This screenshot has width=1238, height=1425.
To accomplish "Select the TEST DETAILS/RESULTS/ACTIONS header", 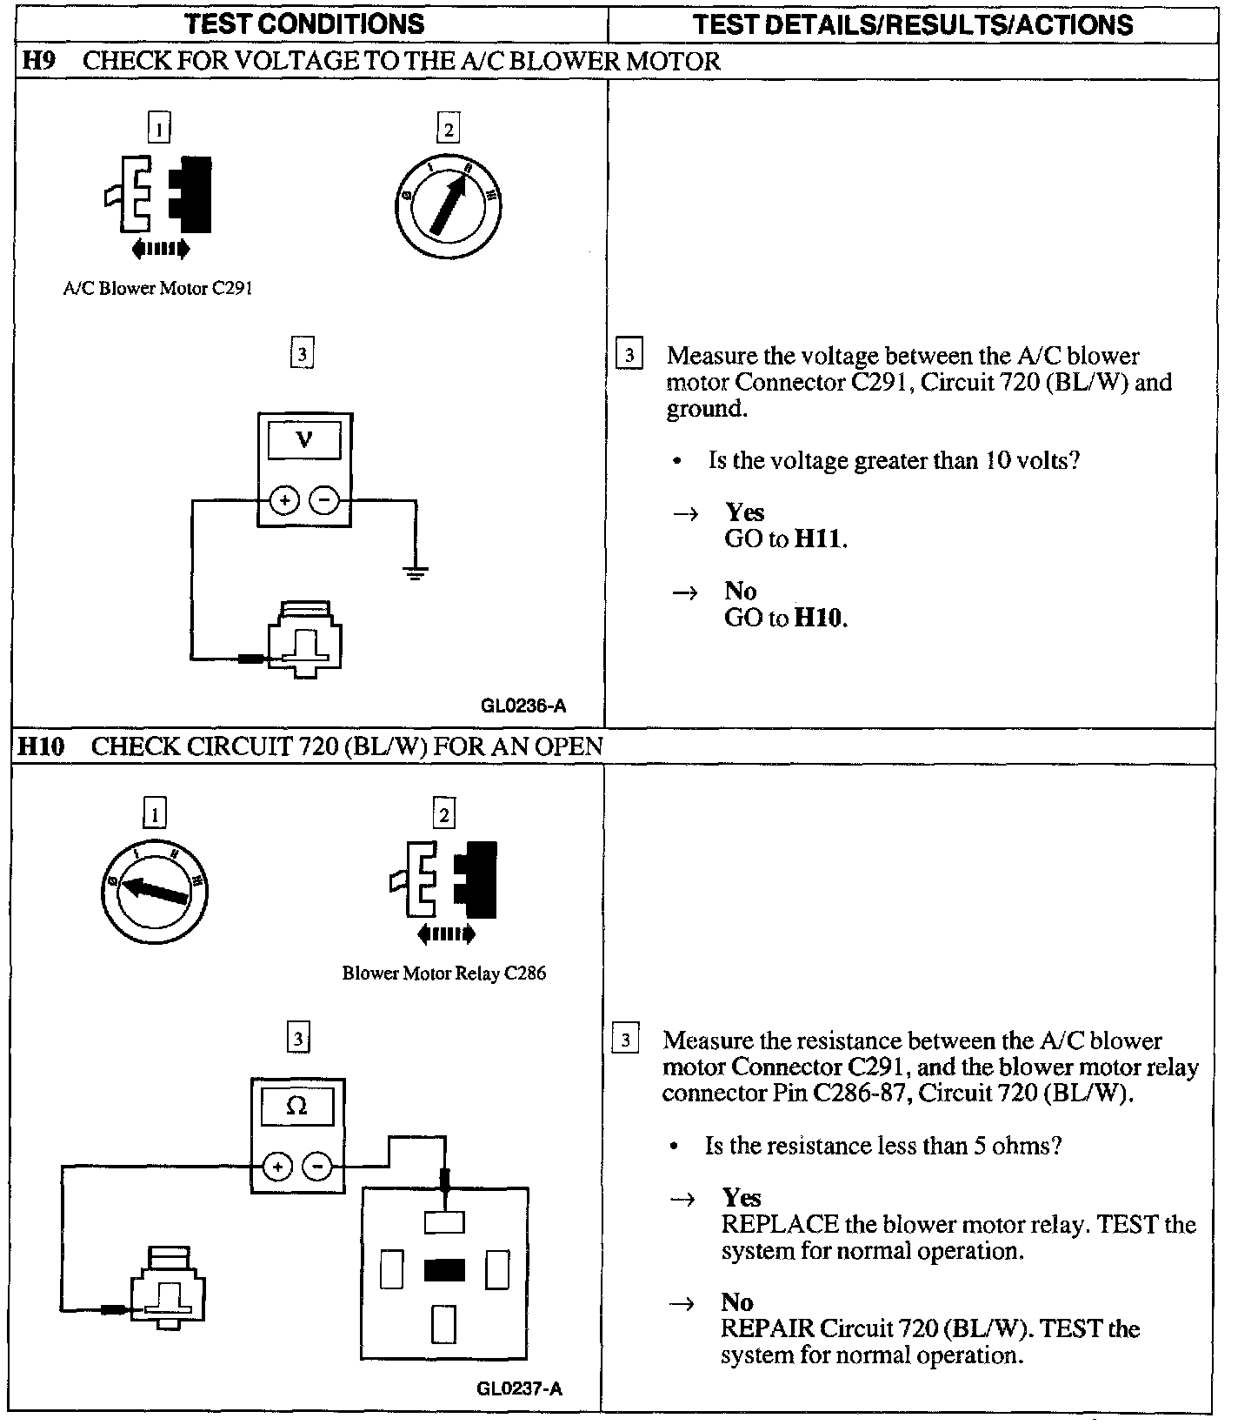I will [913, 24].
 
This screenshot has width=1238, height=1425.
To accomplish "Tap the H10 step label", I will [41, 746].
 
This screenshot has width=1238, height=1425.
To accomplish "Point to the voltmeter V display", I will [303, 440].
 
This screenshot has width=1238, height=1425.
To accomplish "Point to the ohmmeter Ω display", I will [296, 1107].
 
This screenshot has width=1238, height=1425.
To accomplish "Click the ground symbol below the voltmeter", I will [415, 572].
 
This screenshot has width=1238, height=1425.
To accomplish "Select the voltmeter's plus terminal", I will [284, 500].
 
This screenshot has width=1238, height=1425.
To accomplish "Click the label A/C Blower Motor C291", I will [158, 289].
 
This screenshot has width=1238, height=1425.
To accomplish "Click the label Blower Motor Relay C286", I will [444, 973].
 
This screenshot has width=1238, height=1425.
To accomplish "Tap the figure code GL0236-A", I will [523, 706].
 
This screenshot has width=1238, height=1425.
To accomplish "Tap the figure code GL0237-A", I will [520, 1388].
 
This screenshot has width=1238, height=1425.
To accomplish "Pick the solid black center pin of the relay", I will [444, 1272].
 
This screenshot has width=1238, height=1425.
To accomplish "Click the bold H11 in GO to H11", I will [819, 539].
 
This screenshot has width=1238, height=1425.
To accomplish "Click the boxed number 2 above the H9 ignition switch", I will [448, 130].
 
